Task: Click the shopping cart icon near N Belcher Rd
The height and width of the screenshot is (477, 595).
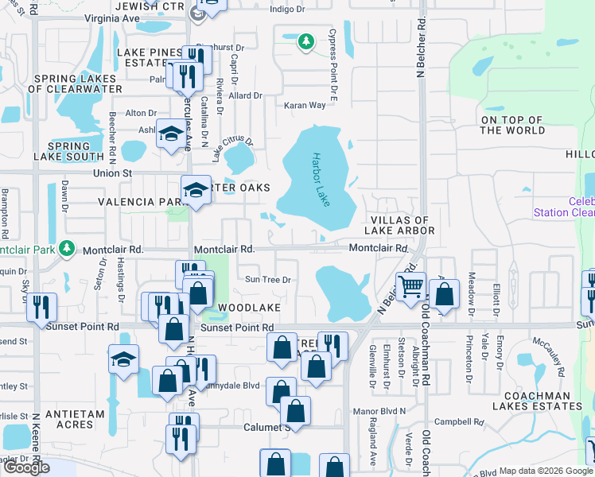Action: pos(410,285)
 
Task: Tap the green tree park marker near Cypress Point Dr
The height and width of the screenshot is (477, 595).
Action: pos(305,41)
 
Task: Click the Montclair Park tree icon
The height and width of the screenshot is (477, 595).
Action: pos(68,248)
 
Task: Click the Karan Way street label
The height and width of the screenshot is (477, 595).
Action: pos(305,105)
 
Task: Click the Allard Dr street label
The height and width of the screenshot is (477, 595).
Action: pos(246,95)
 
